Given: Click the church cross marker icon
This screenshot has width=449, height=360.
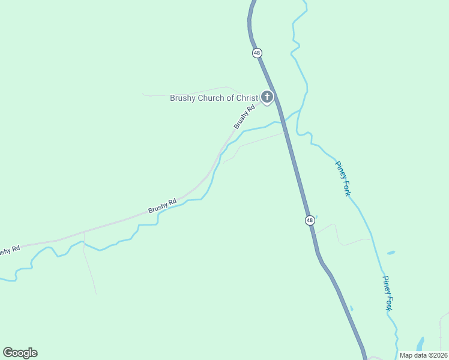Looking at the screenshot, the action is [267, 97].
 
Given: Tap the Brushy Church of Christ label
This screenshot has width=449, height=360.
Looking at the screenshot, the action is [214, 98].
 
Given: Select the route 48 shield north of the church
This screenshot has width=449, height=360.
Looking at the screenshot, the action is [257, 53].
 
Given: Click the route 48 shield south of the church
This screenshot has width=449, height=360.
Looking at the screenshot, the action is [310, 220].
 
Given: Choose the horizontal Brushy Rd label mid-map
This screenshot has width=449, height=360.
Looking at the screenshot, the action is [162, 205].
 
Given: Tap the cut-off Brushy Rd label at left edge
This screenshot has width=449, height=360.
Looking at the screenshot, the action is [10, 250].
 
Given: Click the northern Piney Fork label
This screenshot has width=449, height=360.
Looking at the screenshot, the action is [343, 179].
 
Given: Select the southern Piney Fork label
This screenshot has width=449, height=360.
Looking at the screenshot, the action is [388, 293].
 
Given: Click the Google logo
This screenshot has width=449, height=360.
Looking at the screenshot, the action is [20, 353].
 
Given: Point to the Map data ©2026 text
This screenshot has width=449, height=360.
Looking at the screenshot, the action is [424, 355].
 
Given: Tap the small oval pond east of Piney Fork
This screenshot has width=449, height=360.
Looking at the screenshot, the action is [391, 253].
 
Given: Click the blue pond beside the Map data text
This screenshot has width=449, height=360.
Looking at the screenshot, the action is [420, 344].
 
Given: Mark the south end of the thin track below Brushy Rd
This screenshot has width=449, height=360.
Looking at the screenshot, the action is [95, 293].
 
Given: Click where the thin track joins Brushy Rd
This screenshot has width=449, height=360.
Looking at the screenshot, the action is [84, 232].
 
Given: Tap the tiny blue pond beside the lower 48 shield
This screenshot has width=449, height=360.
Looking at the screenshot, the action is [316, 217].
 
